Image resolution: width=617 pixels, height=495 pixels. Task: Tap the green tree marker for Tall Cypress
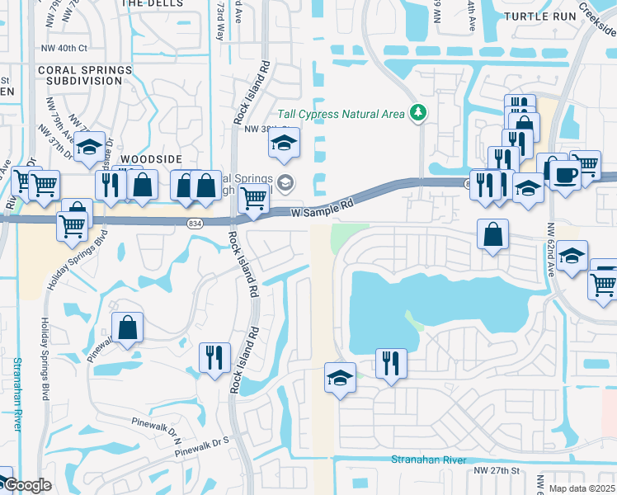click(x=418, y=112)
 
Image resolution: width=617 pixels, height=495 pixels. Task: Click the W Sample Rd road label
click(x=323, y=207)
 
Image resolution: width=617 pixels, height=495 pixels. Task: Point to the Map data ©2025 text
click(x=581, y=488)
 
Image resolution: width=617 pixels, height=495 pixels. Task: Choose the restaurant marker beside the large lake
click(x=391, y=362)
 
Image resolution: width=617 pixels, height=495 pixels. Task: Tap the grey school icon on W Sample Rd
click(x=286, y=183)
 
